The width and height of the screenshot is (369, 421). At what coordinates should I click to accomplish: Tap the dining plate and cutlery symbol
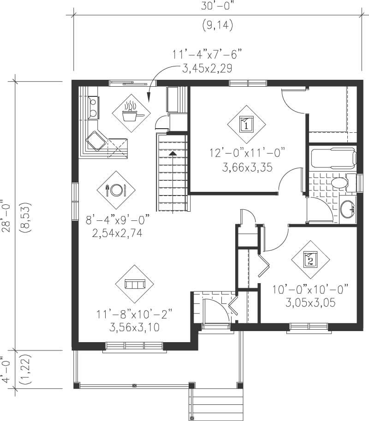pos(116,190)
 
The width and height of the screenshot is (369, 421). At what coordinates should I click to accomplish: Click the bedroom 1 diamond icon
pos(246,124)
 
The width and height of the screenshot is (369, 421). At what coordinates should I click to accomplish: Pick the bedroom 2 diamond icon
pos(310,260)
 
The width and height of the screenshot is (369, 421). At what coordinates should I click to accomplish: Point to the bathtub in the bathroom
pos(332,157)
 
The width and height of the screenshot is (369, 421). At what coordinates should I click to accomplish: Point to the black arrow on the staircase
pos(173,153)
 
